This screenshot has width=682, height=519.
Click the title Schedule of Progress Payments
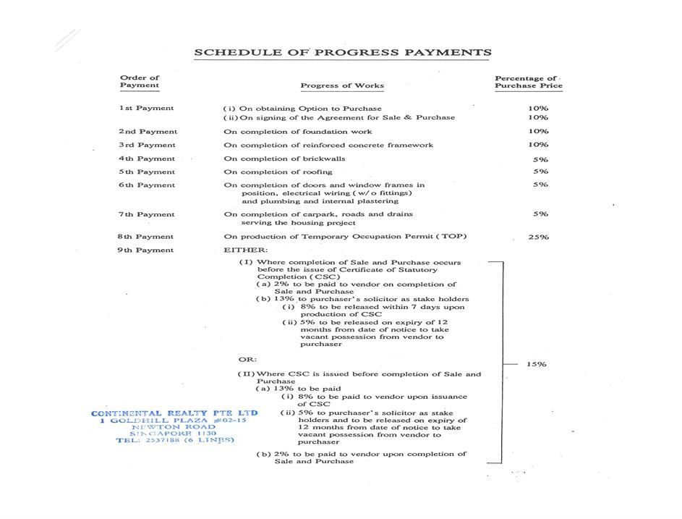343,52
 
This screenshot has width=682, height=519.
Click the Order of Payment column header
140,82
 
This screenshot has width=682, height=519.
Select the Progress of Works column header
342,85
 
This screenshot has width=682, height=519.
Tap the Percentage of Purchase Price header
528,82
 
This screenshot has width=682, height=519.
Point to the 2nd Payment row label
148,132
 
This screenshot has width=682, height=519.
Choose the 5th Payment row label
147,172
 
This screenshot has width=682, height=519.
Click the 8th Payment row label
147,237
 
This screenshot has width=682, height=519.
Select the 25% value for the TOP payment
538,237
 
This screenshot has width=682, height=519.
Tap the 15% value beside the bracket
536,364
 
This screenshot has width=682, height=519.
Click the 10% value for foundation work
538,131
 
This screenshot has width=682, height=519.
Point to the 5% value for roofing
540,172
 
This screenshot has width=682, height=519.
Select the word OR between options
247,359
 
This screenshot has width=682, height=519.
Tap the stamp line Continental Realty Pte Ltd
174,413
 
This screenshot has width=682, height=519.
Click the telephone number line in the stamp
174,439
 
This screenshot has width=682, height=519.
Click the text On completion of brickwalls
284,159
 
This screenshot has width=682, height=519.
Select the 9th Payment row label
147,250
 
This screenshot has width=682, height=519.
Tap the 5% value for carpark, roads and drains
540,214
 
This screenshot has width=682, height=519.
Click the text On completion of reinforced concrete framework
328,145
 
